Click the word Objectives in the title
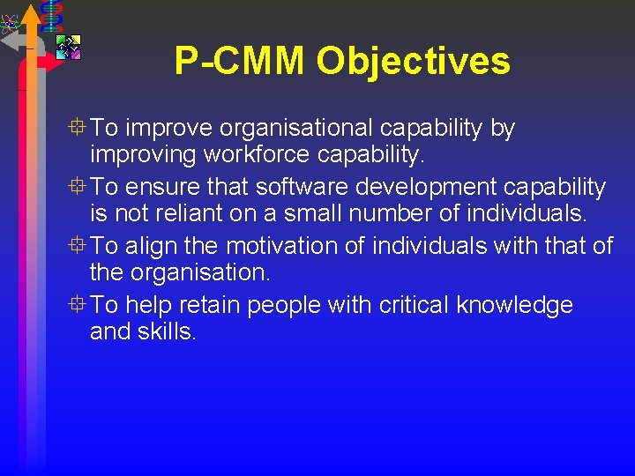click(413, 62)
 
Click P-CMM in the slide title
click(240, 62)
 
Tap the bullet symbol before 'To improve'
click(79, 128)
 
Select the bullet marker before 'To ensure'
click(79, 187)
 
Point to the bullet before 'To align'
click(79, 246)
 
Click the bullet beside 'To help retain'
click(79, 305)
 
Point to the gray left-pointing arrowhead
click(10, 41)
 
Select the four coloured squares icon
click(68, 46)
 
